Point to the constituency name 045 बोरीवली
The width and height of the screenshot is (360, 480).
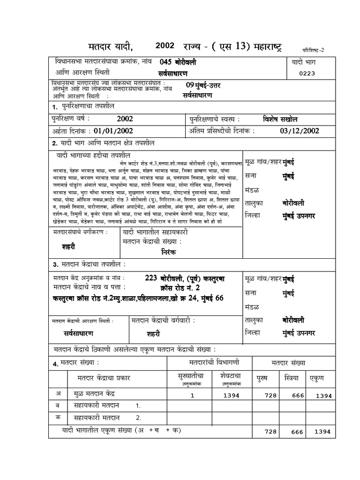178,62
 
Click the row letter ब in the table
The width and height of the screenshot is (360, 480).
58,405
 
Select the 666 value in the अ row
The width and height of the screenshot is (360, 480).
297,396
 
